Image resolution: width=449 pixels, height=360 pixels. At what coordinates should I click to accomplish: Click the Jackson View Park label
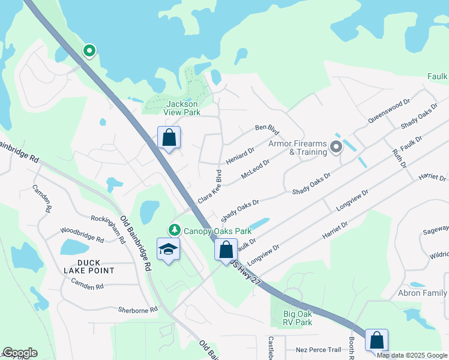click(x=182, y=108)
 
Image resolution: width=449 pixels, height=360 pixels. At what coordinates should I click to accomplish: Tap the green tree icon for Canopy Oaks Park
click(x=175, y=230)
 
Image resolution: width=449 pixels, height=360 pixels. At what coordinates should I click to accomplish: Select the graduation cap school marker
click(x=169, y=250)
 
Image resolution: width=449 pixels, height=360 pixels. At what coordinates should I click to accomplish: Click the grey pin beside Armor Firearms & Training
click(x=336, y=146)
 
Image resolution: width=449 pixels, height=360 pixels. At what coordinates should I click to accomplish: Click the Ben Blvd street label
click(x=267, y=128)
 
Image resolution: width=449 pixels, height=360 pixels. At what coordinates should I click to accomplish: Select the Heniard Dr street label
click(x=240, y=156)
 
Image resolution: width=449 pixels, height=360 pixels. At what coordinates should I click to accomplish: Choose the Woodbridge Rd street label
click(x=82, y=233)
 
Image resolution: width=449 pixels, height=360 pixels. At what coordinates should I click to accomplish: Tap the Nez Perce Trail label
click(x=318, y=350)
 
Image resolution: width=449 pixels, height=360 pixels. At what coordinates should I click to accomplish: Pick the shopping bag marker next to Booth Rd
click(x=376, y=340)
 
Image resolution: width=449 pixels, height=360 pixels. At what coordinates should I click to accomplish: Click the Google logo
click(x=20, y=353)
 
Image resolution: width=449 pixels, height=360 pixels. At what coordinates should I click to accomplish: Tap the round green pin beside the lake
click(x=89, y=51)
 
